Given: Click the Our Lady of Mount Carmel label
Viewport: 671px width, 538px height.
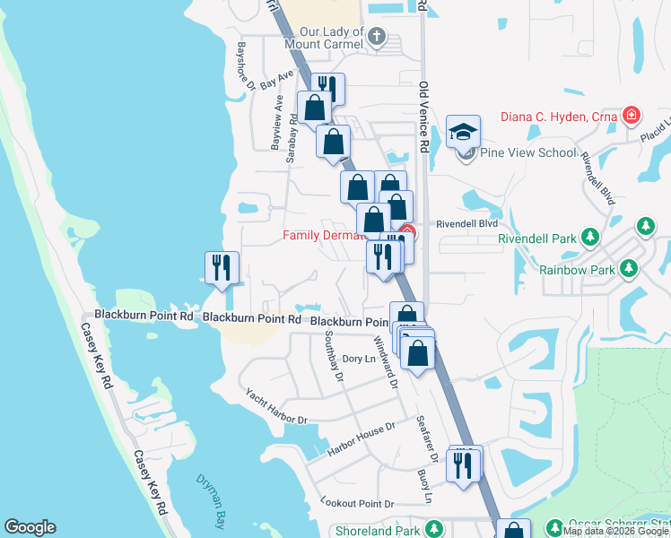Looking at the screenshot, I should click(326, 35).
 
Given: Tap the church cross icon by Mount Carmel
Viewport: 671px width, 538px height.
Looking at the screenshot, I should click(377, 37).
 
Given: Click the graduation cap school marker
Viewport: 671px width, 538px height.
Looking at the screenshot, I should click(463, 134).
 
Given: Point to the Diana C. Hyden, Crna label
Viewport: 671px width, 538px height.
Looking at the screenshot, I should click(556, 116).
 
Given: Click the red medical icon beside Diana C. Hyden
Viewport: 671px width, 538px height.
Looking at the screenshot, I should click(632, 115).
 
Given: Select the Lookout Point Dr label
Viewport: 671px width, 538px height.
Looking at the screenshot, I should click(357, 505).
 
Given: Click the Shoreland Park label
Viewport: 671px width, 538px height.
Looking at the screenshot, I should click(377, 531).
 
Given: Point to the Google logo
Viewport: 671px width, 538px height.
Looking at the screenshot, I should click(30, 527).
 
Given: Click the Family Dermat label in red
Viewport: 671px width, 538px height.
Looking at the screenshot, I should click(324, 236).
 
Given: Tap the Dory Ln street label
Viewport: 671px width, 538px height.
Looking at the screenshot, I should click(358, 360).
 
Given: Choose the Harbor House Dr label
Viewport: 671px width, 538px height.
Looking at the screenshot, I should click(362, 437).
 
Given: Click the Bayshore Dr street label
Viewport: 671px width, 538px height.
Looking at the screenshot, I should click(247, 65).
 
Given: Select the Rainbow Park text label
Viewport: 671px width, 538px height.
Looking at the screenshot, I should click(576, 268).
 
